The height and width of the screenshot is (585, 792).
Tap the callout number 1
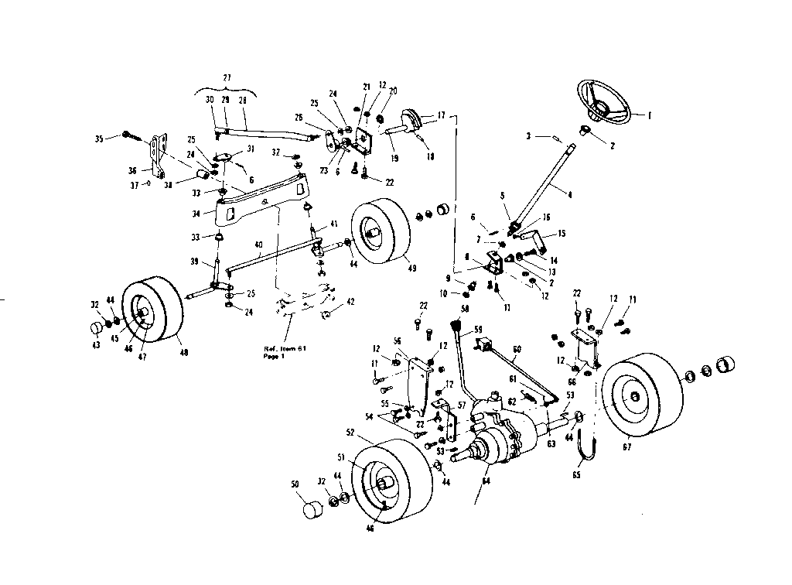point(650,115)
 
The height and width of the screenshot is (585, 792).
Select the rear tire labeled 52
point(391,484)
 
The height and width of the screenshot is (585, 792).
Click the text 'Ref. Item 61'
point(283,348)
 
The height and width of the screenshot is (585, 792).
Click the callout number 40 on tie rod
point(258,245)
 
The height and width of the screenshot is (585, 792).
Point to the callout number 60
point(517,348)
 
